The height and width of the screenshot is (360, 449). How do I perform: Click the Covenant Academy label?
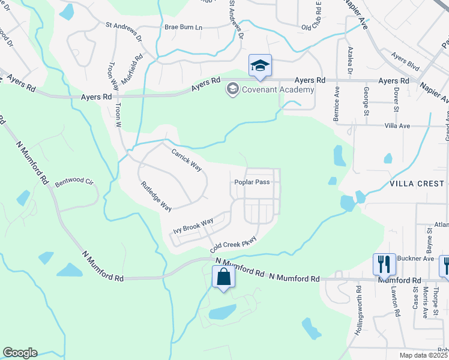click(278, 90)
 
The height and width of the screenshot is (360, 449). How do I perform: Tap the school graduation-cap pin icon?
click(260, 65)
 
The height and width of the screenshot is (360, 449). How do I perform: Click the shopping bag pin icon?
click(223, 278)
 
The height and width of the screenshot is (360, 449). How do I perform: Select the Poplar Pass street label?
click(252, 182)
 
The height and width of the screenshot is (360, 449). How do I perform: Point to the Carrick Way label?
click(186, 160)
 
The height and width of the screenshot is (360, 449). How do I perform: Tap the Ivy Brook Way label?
click(193, 226)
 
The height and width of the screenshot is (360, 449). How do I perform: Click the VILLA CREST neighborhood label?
click(416, 183)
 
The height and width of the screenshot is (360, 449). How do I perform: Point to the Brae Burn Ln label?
click(184, 27)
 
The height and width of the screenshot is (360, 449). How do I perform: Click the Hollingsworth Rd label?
click(358, 309)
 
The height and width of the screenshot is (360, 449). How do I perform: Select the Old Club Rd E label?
click(312, 19)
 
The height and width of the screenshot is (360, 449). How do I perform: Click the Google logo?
click(20, 353)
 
